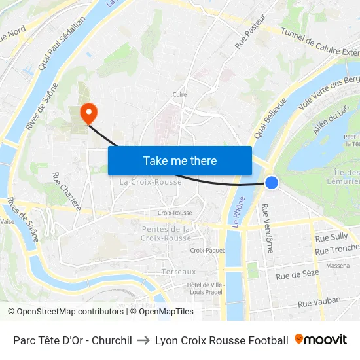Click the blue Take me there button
point(180,160)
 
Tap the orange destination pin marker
point(88,113)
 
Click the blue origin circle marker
point(272,183)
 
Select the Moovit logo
point(321,340)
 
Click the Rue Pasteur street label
point(251,33)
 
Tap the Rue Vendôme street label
point(268,228)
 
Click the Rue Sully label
point(331,237)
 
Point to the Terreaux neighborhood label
point(179,272)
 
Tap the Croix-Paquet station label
point(207,250)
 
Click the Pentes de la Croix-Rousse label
point(166,234)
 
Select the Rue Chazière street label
point(65,191)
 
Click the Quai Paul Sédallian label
point(62,45)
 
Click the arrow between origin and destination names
point(143,340)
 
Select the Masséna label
point(337,266)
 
